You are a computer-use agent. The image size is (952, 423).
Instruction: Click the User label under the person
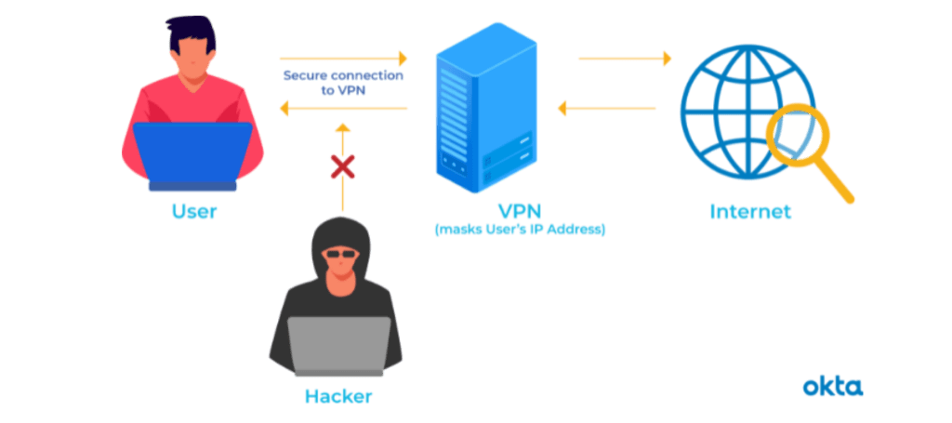[194, 212]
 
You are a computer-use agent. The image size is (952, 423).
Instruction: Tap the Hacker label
[337, 397]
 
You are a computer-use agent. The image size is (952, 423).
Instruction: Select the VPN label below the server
[519, 210]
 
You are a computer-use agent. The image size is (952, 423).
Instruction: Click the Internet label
[750, 212]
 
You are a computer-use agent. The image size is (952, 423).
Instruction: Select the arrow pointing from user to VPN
[344, 59]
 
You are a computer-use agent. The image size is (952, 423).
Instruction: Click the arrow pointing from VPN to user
[344, 110]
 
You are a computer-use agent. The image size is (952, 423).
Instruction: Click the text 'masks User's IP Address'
[519, 230]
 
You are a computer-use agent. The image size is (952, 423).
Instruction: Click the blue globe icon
[734, 102]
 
